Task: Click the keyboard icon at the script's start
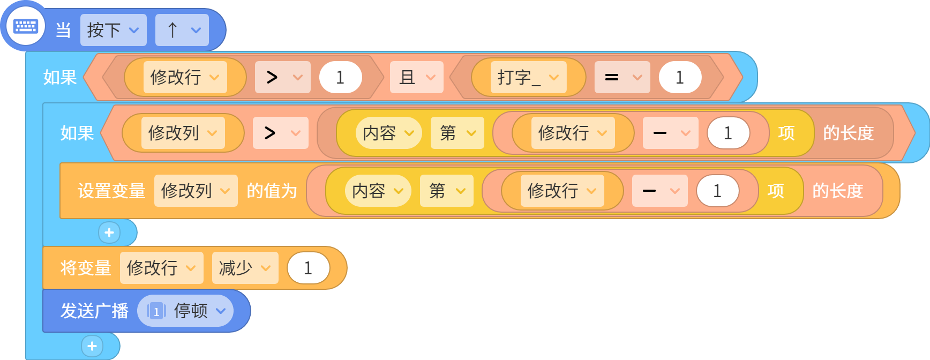25,26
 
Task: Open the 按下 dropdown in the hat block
113,30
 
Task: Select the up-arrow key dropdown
182,30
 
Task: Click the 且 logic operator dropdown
416,77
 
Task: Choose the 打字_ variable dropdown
528,77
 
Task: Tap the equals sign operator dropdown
622,77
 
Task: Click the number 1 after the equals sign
680,77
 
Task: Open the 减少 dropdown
245,268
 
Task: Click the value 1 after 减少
308,268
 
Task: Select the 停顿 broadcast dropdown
185,311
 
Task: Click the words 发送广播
94,311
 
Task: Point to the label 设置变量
111,191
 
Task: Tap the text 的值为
272,191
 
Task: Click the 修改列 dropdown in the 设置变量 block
196,191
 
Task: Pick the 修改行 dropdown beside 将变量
161,268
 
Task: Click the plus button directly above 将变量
109,232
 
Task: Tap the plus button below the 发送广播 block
92,346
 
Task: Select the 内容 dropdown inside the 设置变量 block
378,191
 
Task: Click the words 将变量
86,268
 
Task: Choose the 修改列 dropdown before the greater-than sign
183,133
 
